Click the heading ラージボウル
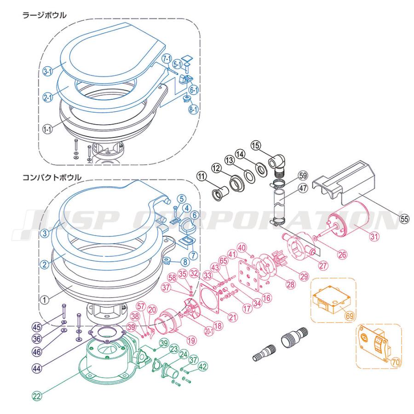45,15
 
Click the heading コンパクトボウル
52,177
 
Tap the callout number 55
403,219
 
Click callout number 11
201,175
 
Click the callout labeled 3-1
47,71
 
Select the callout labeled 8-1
192,109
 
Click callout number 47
302,188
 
